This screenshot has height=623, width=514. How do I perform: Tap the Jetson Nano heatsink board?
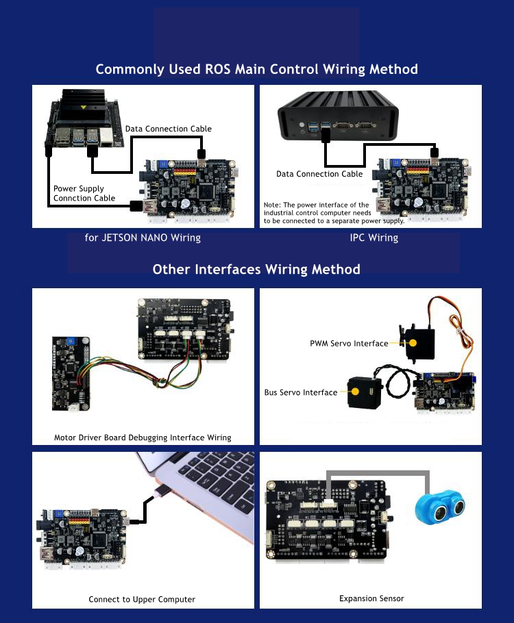point(84,118)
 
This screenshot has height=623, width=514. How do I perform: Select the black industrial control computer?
point(338,116)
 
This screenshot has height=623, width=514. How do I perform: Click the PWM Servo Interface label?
point(349,343)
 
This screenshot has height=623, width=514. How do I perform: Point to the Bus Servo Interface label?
point(301,392)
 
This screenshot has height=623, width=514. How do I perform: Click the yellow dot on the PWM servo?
point(413,343)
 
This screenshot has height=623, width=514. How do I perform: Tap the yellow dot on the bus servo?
point(355,392)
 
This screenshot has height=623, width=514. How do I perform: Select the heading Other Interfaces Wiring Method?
point(256,269)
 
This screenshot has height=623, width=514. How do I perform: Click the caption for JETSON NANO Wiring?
point(143,238)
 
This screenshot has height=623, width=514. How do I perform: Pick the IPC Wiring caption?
point(374,238)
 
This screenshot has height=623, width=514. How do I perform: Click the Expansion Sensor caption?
point(371,598)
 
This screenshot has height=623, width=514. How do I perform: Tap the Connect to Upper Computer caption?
point(142,599)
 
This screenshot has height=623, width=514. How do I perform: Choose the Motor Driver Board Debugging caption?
point(143,437)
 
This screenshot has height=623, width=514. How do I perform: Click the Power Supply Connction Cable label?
point(84,193)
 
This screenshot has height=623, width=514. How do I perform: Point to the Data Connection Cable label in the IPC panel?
point(319,174)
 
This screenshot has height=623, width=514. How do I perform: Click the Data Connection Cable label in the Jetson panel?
point(169,129)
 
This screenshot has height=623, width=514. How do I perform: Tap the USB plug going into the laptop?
point(162,491)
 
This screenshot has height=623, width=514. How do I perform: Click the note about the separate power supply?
point(334,213)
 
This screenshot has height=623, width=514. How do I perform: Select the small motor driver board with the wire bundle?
point(71,374)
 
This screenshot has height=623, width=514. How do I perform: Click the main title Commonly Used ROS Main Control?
point(256,69)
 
